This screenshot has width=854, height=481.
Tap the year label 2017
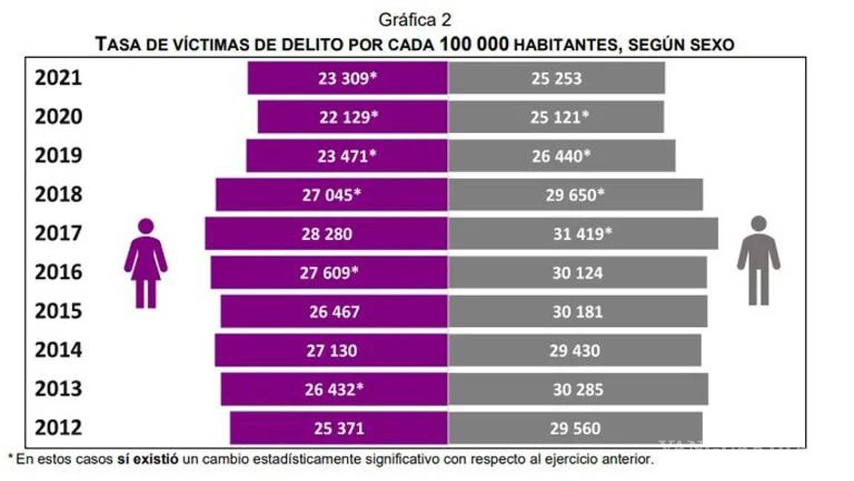(x=59, y=234)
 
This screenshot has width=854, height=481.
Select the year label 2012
(x=59, y=428)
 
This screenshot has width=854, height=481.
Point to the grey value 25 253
(x=556, y=79)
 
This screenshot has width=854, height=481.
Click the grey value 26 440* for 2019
(x=561, y=156)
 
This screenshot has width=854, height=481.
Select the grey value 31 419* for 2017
(x=582, y=234)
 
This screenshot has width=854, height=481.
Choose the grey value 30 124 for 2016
(x=577, y=272)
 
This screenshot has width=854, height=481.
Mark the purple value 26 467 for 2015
(x=334, y=311)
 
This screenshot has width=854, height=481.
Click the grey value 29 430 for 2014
(x=575, y=350)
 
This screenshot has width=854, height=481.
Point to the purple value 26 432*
(x=334, y=389)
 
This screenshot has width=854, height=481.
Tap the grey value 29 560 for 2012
(x=575, y=428)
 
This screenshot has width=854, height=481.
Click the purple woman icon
(x=146, y=263)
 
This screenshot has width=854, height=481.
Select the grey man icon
(x=758, y=260)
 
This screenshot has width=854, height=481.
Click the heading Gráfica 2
(x=415, y=20)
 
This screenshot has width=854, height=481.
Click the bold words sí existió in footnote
(x=146, y=459)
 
